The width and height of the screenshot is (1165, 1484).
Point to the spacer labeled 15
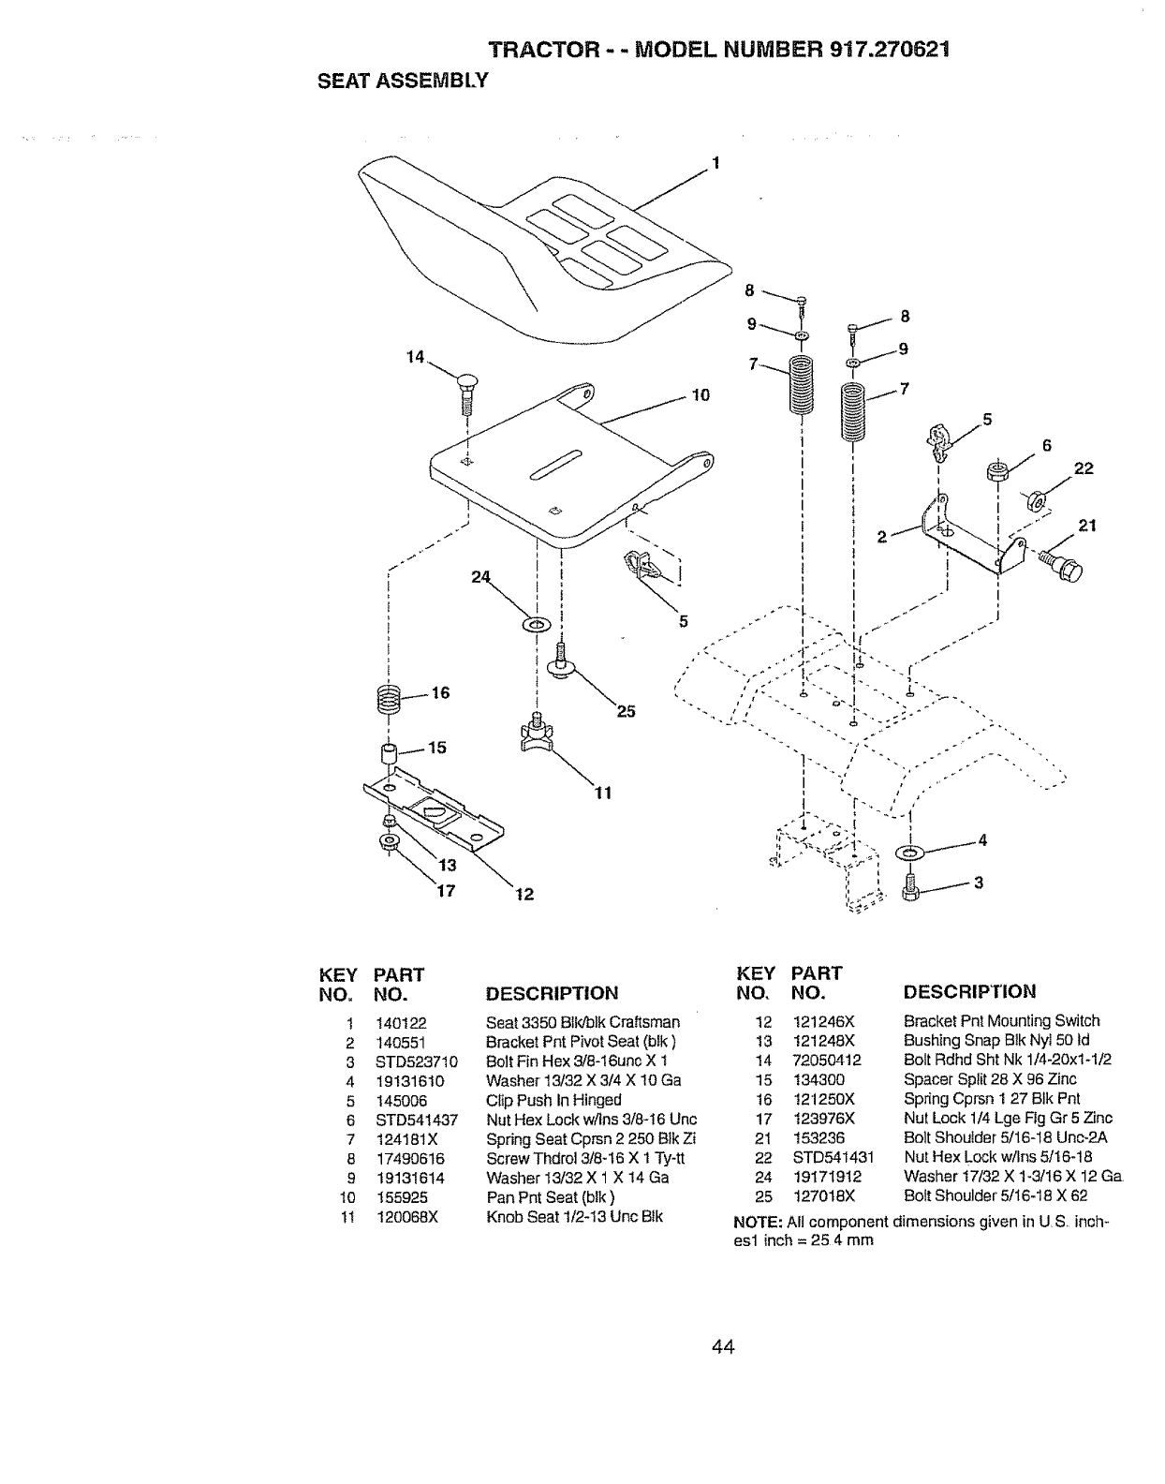coord(388,752)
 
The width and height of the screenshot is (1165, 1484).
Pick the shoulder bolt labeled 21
coord(1061,564)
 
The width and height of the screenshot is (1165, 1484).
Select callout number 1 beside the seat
coord(716,162)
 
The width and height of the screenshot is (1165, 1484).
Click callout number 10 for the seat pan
coord(700,394)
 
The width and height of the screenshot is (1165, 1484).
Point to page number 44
coord(722,1347)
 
